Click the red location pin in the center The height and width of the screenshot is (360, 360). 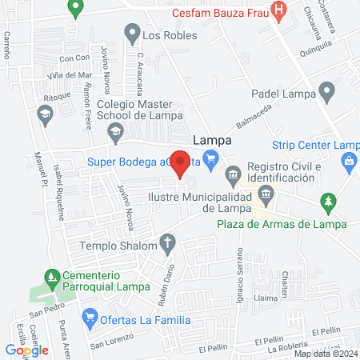181,162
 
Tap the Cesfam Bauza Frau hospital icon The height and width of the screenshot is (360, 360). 279,10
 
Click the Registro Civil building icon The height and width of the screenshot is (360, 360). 233,173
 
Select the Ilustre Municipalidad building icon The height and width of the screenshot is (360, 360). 266,194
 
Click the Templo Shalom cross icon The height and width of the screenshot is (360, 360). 168,241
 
